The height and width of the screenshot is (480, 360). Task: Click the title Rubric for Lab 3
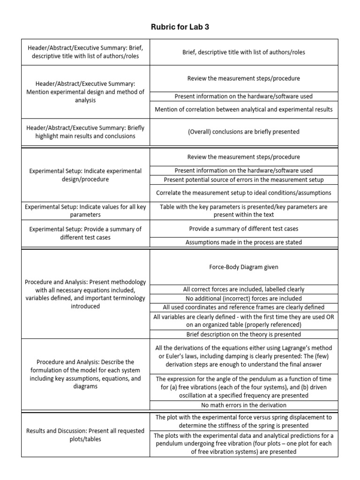pos(180,27)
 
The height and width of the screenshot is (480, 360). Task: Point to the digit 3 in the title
pos(207,27)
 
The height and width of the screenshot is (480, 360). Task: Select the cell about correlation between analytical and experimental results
pos(243,109)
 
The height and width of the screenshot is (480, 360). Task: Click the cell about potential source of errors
pos(243,180)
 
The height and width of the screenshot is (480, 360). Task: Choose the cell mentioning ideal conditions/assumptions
pos(243,193)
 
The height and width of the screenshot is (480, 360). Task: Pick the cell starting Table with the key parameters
pos(243,210)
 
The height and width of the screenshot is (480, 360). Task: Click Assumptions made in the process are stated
pos(243,242)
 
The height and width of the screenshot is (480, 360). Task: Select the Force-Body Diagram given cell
pos(243,267)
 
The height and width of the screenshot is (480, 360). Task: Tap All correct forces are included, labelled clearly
pos(243,290)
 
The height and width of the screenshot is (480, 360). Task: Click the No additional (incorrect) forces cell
pos(243,298)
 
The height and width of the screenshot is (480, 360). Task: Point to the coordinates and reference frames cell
pos(243,307)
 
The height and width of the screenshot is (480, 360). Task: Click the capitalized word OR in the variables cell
pos(328,317)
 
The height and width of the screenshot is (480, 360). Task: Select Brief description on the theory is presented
pos(243,334)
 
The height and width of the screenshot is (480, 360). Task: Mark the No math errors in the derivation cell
pos(243,405)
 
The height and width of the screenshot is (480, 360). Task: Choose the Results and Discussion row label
pos(85,435)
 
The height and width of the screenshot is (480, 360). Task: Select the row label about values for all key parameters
pos(85,210)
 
